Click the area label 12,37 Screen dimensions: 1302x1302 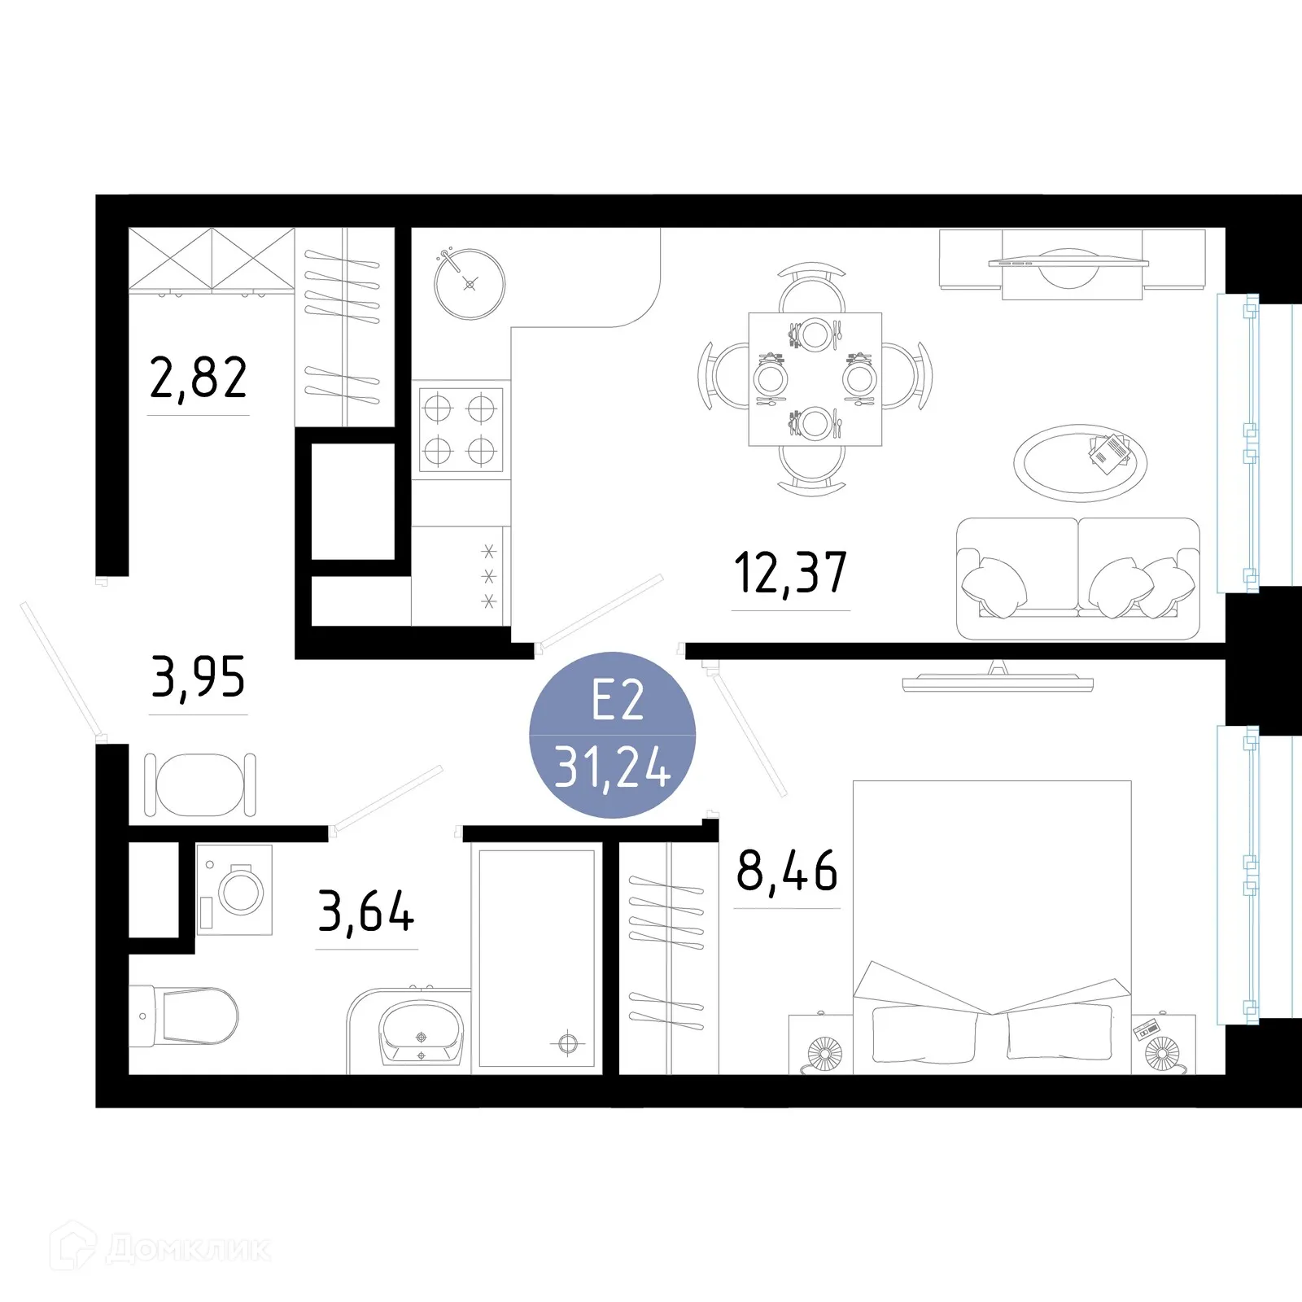point(790,573)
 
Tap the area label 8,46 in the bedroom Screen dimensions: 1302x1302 point(786,871)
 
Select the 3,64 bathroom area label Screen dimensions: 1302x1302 point(366,912)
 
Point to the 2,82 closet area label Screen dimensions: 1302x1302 point(198,378)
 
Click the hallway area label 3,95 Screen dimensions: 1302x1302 point(198,678)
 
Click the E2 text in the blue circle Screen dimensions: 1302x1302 point(618,701)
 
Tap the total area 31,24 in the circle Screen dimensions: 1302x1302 point(612,768)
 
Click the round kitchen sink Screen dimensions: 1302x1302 point(470,284)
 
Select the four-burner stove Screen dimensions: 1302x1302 point(460,430)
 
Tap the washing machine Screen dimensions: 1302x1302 point(234,889)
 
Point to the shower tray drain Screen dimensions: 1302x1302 point(568,1043)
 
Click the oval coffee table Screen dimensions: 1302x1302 point(1080,463)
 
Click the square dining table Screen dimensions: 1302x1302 point(815,379)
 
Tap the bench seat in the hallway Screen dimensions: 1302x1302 point(200,785)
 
